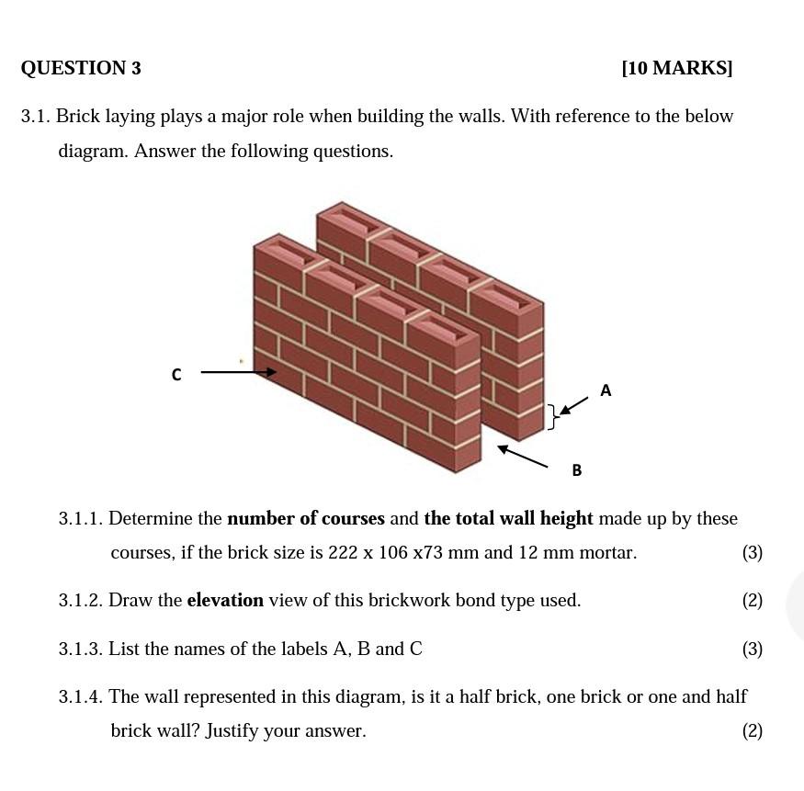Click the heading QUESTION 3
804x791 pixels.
[x=81, y=68]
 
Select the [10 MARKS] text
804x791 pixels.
[x=677, y=68]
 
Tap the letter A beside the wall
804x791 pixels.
[x=606, y=390]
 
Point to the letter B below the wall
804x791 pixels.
[x=577, y=470]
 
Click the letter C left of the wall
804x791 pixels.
[x=176, y=375]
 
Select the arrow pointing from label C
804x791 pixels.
[x=239, y=372]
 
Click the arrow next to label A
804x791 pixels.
[x=574, y=406]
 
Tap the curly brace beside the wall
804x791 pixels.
[x=553, y=416]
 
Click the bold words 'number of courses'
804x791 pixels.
[x=306, y=518]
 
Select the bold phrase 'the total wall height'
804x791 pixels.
[x=509, y=518]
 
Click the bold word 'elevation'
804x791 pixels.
[x=225, y=601]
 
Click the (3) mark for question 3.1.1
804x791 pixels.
[x=753, y=553]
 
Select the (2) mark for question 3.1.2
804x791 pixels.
[x=753, y=601]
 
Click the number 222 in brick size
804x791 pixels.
[x=342, y=553]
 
